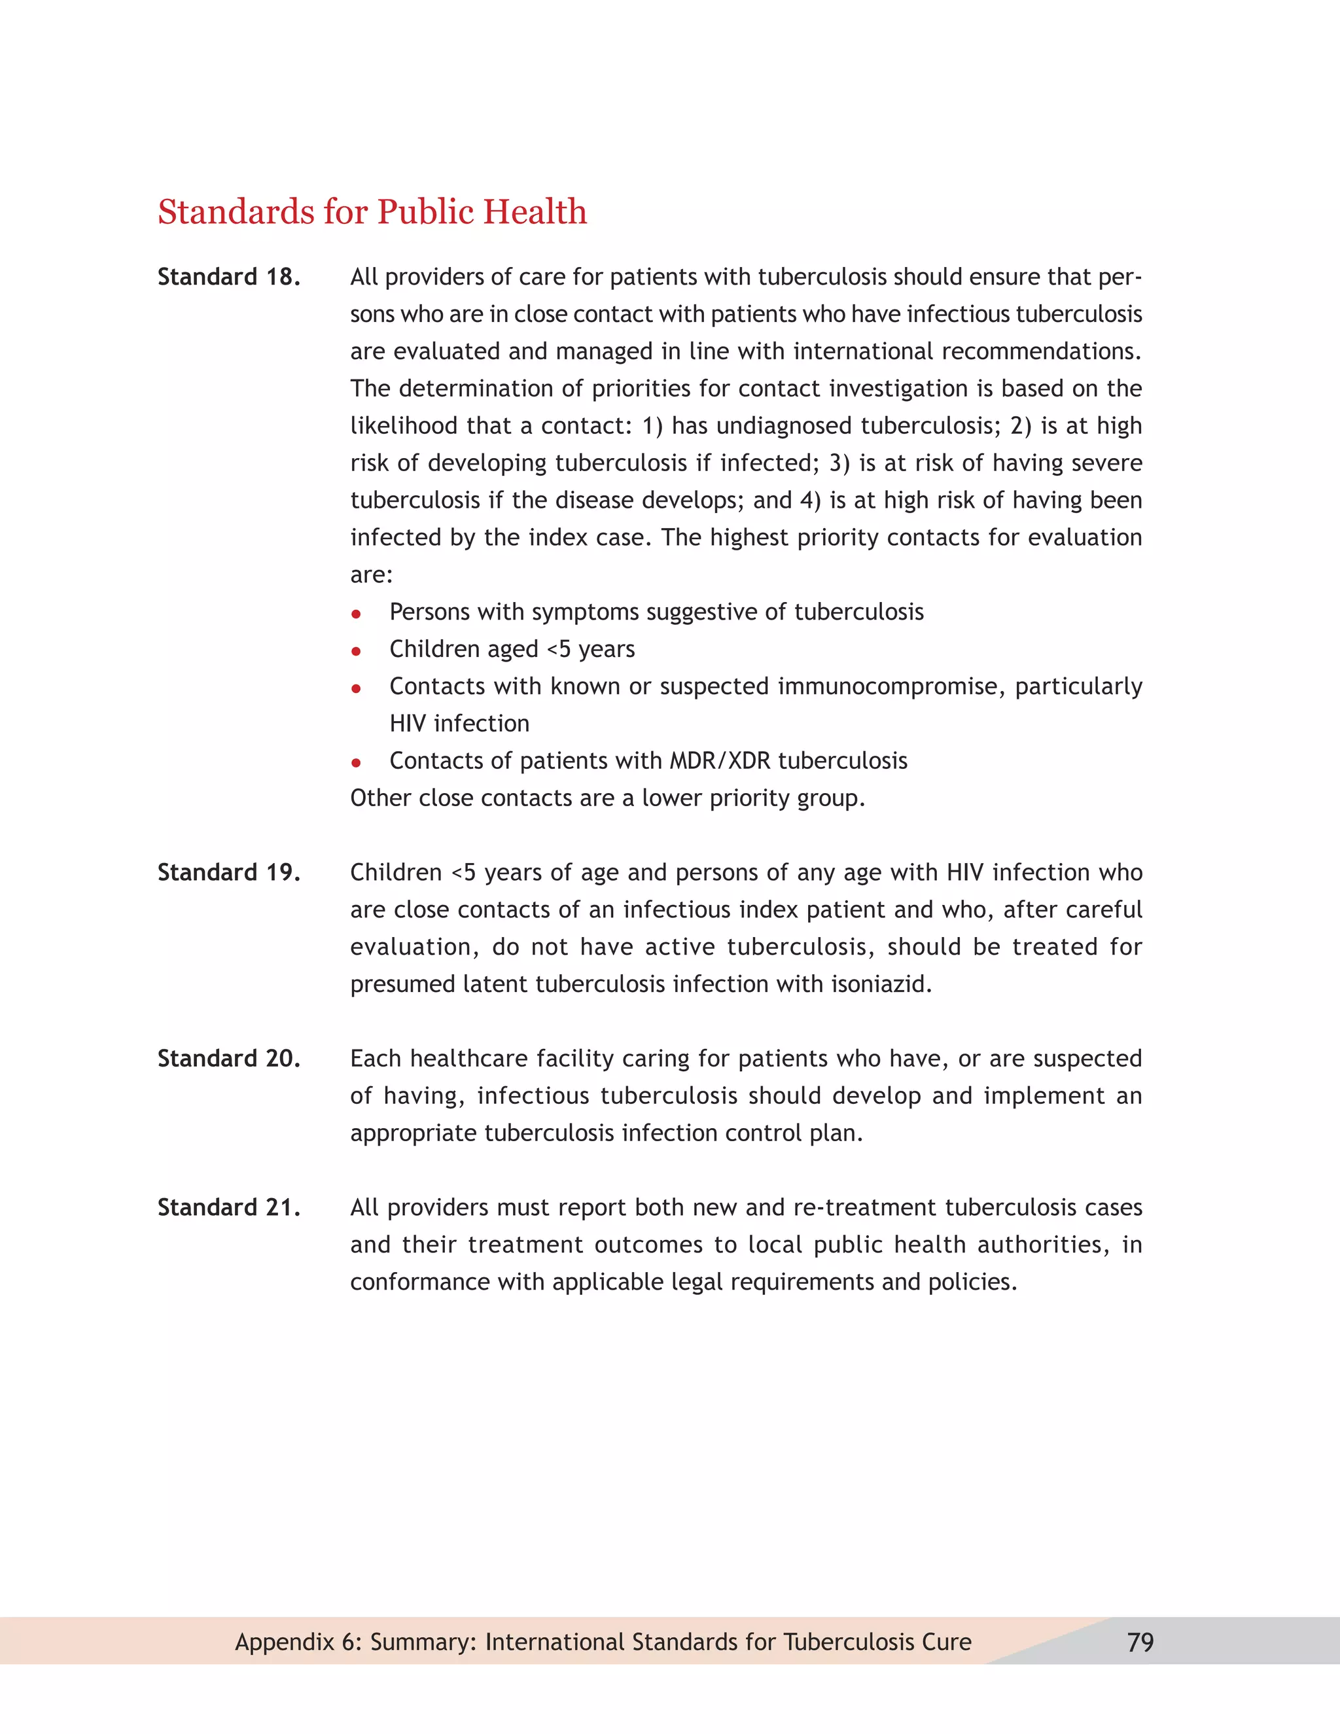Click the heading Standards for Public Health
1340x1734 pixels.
tap(372, 212)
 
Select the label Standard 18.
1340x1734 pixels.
tap(228, 277)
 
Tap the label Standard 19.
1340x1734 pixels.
tap(228, 872)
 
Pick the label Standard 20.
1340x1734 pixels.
tap(228, 1058)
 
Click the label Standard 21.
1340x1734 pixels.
tap(228, 1208)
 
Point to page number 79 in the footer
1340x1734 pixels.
tap(1140, 1642)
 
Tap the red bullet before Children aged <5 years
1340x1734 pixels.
tap(357, 651)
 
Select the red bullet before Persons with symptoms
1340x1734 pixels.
tap(357, 614)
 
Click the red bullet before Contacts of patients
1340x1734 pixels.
tap(357, 762)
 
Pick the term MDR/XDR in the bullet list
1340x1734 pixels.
tap(720, 760)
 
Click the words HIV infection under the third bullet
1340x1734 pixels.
tap(459, 723)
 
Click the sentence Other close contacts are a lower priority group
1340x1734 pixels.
tap(607, 798)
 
